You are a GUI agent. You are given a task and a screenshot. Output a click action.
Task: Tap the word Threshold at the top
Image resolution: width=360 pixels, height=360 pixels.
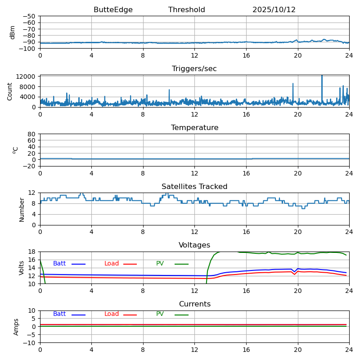point(187,10)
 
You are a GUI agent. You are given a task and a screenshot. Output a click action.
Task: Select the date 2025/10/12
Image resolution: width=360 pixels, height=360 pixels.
point(274,10)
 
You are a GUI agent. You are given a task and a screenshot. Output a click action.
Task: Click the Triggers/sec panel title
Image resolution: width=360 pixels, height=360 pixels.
point(194,69)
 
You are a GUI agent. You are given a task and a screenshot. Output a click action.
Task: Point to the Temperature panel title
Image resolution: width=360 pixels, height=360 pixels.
point(194,128)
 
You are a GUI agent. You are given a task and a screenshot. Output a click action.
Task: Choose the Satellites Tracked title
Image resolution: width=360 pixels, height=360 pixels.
point(194,187)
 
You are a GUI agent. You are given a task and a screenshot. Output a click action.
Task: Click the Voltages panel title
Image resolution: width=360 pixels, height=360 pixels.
point(194,245)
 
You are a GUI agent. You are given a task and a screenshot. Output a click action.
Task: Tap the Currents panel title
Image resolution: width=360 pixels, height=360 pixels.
point(194,304)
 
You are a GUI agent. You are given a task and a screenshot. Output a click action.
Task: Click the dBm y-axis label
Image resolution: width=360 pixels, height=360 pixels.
point(13,32)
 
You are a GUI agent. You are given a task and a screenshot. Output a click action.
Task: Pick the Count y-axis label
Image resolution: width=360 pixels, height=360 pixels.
point(10,91)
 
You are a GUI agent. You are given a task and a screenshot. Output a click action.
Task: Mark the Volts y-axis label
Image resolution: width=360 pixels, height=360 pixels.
point(22,268)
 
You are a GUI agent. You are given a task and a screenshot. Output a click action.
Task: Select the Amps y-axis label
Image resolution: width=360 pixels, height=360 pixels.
point(16,327)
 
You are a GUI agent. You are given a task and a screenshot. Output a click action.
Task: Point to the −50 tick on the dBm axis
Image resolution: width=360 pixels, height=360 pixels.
point(29,16)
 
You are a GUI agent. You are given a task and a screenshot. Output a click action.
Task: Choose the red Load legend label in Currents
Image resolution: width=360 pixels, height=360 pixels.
point(112,314)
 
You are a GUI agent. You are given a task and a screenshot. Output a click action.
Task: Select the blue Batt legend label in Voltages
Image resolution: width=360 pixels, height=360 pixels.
point(59,264)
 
